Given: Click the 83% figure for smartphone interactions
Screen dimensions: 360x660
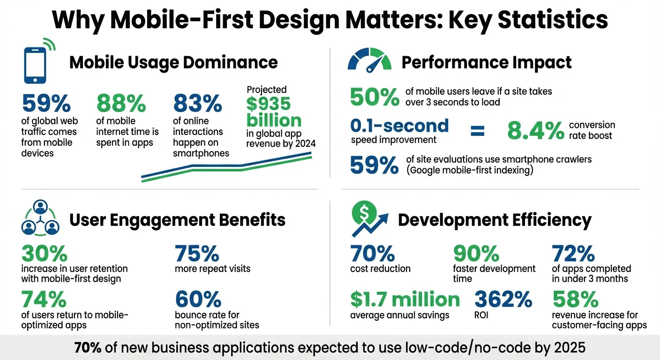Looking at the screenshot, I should pos(197,104).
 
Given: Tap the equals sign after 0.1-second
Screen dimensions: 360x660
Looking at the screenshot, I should pos(477,130).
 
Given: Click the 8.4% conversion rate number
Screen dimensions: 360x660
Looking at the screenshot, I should pos(536,131).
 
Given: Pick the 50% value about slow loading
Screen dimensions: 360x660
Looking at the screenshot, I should pos(375,97).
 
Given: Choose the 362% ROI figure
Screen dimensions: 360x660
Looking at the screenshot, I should pos(503,299).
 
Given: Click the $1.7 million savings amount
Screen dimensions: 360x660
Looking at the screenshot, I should pos(405,299).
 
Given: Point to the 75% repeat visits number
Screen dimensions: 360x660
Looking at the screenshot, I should pos(197,254).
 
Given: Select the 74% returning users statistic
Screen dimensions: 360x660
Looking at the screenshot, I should pos(44,299).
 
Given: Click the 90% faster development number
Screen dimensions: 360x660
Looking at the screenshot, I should pos(476,254).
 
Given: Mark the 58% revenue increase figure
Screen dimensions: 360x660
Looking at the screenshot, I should pos(575,299).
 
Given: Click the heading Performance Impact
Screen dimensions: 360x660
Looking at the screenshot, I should pos(487,62).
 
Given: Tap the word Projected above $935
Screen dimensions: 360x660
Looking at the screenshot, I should pos(266,89).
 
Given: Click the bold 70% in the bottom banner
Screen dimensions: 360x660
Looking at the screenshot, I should pos(87,348).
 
